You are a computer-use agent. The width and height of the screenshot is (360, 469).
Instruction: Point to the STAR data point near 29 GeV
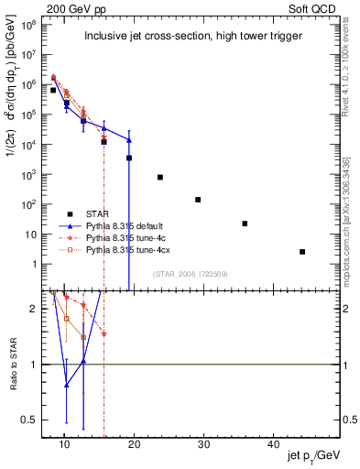pos(198,200)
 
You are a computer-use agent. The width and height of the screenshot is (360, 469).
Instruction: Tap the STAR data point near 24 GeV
pos(160,177)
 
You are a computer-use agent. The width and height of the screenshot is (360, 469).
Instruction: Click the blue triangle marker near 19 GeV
pos(129,140)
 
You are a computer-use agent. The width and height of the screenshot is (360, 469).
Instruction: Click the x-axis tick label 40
pos(273,444)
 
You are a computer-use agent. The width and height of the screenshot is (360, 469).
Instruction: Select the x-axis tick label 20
pos(134,444)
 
